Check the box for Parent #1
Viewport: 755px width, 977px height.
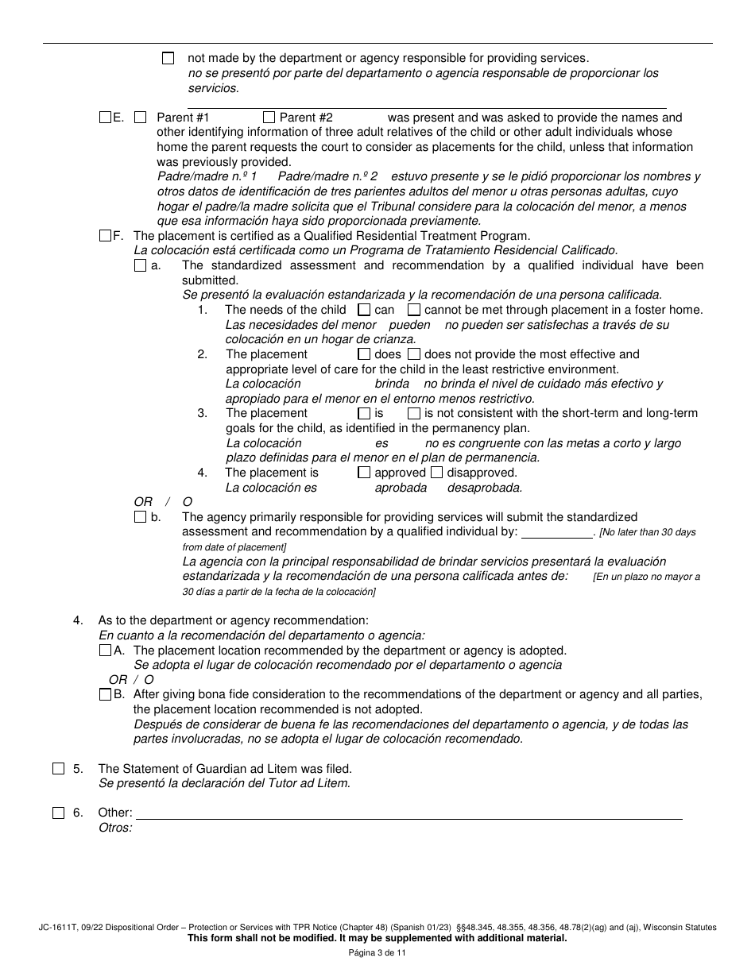[141, 118]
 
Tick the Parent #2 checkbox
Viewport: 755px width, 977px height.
[269, 118]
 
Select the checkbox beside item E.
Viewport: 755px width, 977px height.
[106, 118]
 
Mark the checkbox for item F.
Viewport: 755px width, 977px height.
[106, 236]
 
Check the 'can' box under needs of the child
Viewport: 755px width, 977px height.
[364, 310]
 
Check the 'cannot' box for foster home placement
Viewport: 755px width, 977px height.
[414, 310]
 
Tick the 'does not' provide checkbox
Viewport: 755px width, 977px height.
[414, 354]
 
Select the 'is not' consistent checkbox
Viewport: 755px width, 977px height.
[414, 414]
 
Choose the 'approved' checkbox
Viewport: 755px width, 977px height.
[364, 473]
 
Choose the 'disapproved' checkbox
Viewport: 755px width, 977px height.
[436, 473]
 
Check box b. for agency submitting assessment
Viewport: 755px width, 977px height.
[141, 517]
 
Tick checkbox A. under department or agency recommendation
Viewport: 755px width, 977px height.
[106, 650]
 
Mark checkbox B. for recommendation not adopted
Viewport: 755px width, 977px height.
[106, 694]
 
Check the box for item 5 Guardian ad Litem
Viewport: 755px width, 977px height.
[59, 769]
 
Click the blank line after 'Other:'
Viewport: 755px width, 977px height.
[408, 813]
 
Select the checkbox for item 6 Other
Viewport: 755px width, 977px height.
[59, 813]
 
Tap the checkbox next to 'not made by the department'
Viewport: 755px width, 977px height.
[168, 58]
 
